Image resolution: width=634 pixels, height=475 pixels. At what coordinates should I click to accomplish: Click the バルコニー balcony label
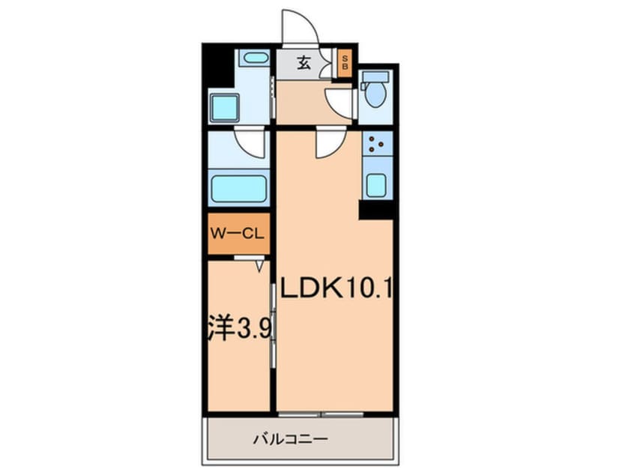point(301,438)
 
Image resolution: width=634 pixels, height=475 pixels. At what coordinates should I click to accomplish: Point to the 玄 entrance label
point(304,64)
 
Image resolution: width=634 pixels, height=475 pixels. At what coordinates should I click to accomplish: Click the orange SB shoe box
point(345,64)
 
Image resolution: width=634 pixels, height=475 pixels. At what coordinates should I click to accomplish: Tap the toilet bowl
point(375,94)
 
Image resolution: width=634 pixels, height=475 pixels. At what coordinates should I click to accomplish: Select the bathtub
point(239,189)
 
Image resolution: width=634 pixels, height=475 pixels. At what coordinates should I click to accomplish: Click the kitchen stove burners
point(377,142)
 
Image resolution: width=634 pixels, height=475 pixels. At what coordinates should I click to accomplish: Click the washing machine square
point(224,109)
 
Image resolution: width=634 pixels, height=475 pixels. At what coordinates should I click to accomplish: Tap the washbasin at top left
point(256,58)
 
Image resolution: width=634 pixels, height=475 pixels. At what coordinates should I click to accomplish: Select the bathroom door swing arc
point(250,141)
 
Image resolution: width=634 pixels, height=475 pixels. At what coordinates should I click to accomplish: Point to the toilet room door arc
point(341,103)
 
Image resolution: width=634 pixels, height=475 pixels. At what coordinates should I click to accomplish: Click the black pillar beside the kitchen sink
point(377,210)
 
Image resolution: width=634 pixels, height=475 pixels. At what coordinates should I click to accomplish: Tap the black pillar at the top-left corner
point(217,66)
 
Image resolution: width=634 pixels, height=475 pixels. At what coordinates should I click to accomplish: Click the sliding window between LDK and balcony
point(322,414)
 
